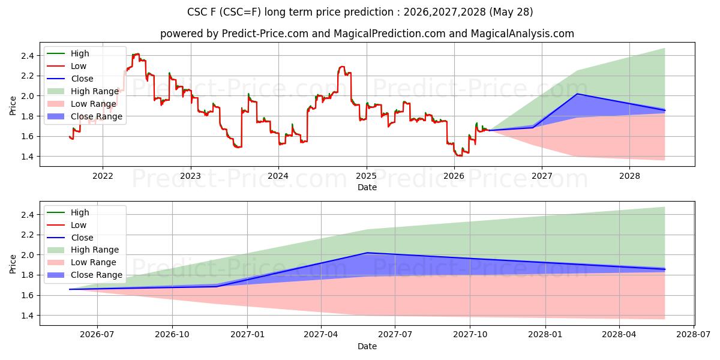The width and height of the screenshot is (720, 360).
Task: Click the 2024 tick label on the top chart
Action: coord(278,176)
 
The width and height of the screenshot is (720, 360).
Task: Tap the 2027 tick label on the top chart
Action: coord(542,176)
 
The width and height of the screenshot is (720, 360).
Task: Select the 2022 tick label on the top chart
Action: coord(103,176)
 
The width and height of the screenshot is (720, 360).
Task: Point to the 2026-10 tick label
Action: coord(172,335)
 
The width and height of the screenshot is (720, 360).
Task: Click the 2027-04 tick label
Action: coord(321,335)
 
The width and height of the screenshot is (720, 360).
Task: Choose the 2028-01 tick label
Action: coord(545,335)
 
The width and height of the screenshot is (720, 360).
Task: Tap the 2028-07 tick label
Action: coord(694,335)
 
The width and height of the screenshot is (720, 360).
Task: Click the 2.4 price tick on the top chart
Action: coord(28,56)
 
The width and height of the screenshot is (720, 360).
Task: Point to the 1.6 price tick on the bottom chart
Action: coord(28,295)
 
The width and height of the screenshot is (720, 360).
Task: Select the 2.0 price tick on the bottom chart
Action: coord(28,255)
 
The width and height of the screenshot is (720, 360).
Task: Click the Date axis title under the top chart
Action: coord(367,187)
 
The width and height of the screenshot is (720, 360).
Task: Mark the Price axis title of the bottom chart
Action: coord(13,264)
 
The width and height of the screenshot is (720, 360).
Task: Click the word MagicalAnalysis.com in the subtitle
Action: coord(523,34)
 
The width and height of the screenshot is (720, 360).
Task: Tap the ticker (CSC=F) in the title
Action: coord(241,12)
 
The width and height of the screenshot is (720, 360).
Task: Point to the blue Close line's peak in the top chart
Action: coord(577,94)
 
